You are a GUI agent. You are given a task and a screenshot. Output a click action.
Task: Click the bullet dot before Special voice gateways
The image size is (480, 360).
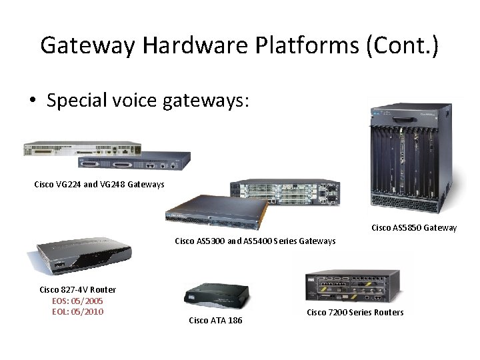32,102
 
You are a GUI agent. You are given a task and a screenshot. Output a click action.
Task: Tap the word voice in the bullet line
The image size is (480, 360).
151,101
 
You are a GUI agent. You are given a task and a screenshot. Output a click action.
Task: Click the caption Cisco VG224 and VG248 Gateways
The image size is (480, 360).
99,184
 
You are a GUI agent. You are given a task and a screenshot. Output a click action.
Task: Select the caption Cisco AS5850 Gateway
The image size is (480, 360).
414,228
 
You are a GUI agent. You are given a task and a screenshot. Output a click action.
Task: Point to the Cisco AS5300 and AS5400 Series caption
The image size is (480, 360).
255,241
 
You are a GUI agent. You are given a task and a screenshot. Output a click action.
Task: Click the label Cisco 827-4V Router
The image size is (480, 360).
77,289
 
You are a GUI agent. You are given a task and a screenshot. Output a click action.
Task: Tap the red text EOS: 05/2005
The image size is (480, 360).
77,301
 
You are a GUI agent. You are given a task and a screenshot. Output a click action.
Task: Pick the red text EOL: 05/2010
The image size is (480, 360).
77,311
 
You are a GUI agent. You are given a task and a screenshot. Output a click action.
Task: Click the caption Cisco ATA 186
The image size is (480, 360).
216,321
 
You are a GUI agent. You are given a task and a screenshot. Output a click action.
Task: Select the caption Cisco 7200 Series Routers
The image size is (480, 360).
355,312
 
